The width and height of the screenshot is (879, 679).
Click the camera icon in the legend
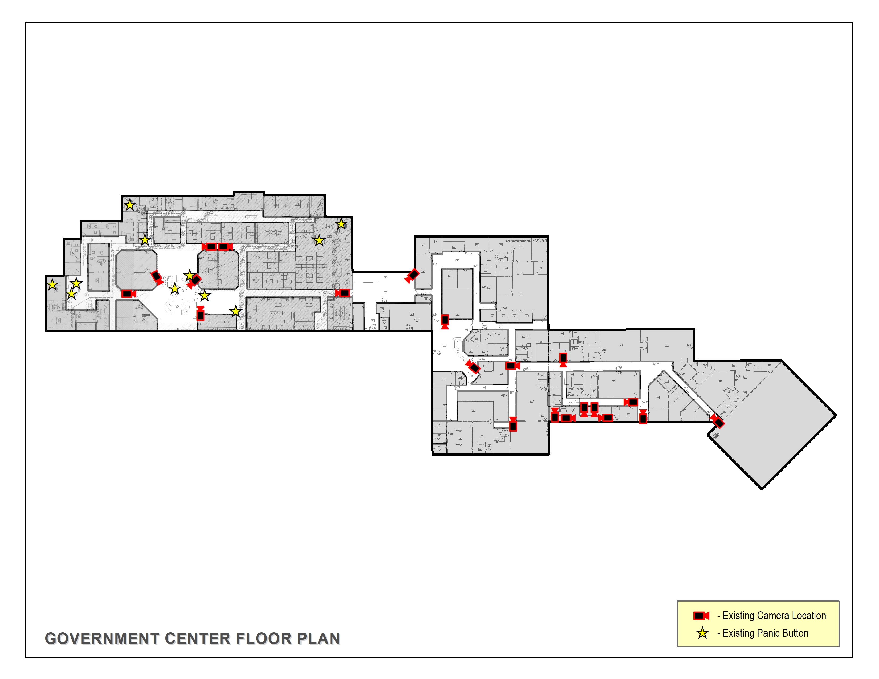click(701, 615)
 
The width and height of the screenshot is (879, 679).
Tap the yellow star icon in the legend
click(702, 633)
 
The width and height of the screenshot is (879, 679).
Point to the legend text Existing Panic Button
click(765, 633)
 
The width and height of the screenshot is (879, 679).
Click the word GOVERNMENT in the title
click(102, 638)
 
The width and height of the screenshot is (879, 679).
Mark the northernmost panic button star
click(130, 205)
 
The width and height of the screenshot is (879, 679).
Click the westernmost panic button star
click(52, 285)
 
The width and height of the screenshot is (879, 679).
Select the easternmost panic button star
click(341, 224)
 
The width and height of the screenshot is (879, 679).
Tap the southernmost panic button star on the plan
click(236, 311)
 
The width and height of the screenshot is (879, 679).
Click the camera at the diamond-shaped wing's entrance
click(718, 421)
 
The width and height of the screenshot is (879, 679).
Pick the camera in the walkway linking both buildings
click(412, 276)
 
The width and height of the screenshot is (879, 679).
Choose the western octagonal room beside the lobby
click(136, 269)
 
